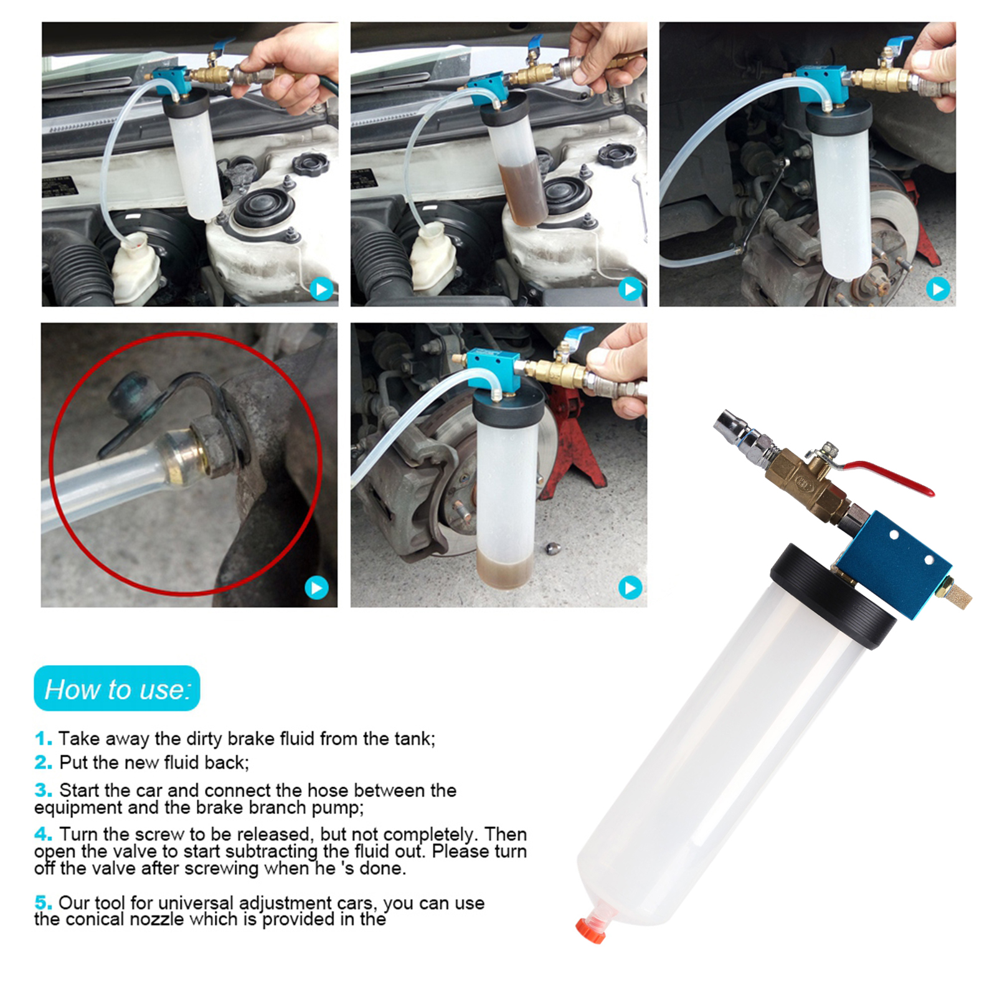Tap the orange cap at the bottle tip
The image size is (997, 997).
pos(590,930)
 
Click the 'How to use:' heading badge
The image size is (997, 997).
pos(117,689)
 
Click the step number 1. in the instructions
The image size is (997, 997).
pos(43,739)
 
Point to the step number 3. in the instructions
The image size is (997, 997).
pos(43,790)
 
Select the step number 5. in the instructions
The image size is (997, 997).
pos(43,902)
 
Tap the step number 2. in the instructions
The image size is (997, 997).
pos(43,762)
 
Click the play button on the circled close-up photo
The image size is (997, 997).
pos(316,587)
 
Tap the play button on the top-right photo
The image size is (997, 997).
pos(938,288)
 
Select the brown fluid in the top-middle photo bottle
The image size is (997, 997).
pos(523,193)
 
